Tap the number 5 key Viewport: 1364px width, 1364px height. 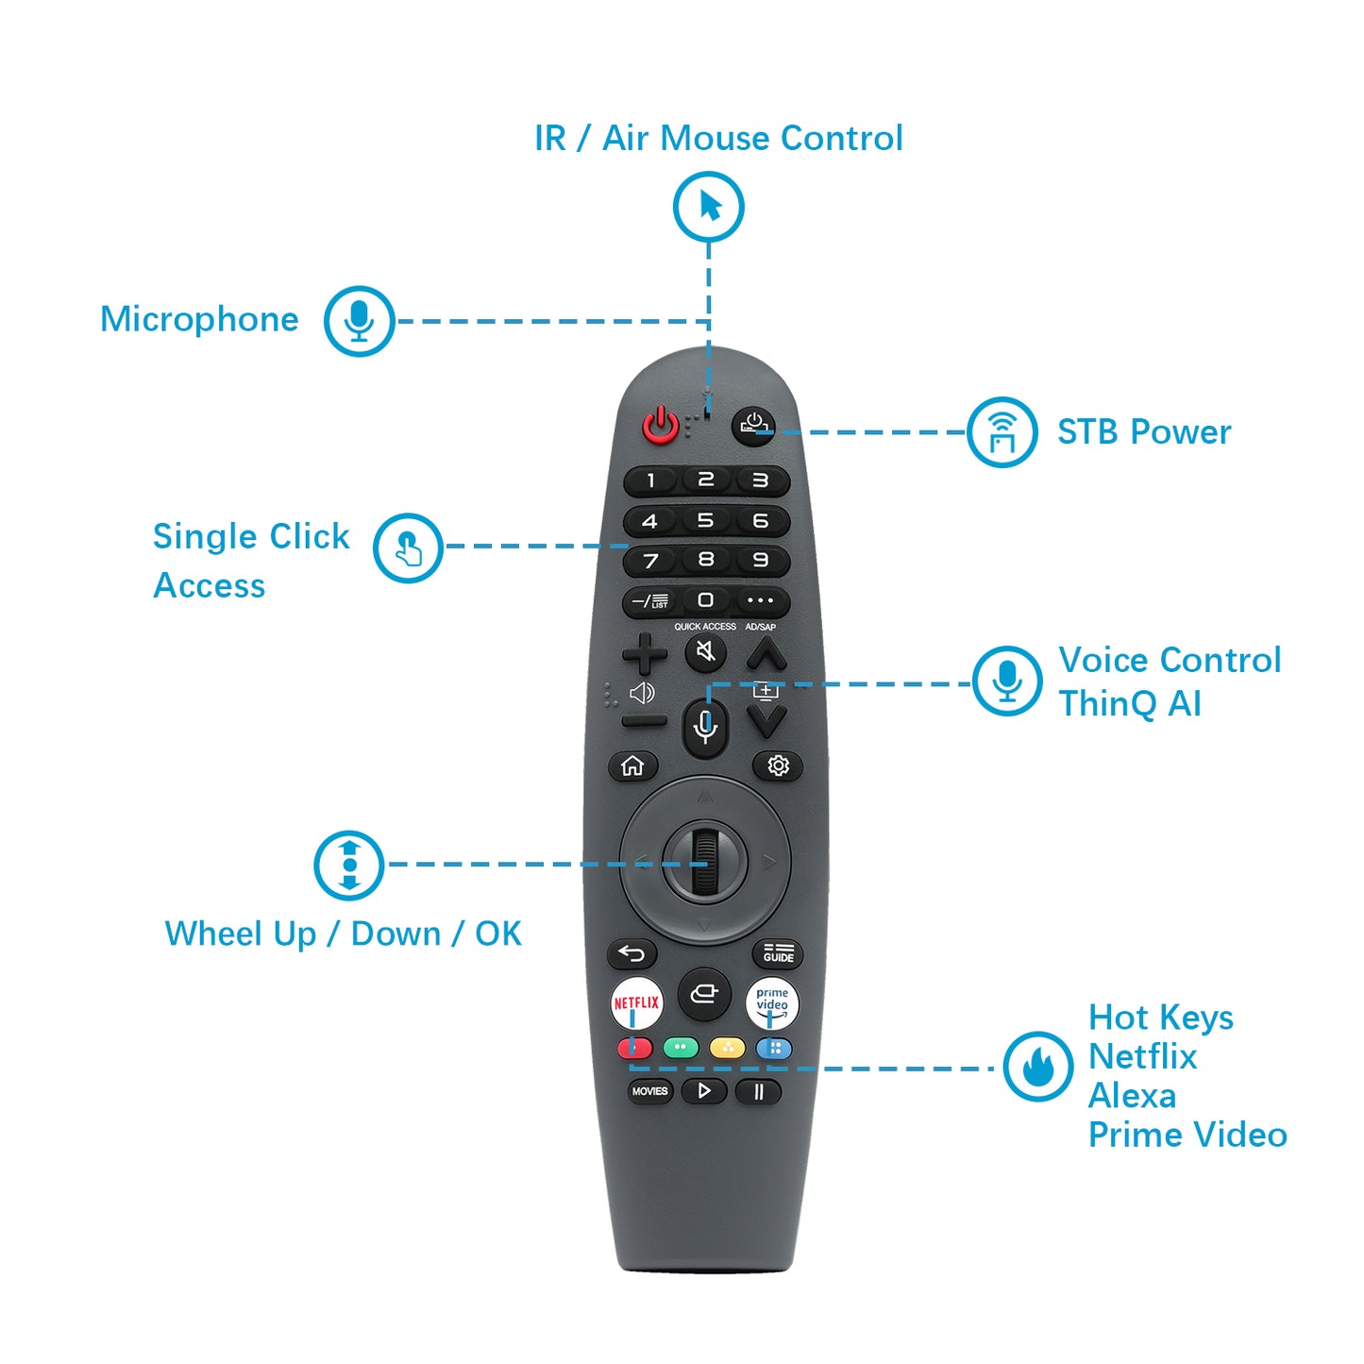[705, 520]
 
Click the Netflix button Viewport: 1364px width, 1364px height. [636, 1003]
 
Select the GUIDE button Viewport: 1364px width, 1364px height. [778, 953]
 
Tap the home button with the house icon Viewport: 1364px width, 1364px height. [632, 766]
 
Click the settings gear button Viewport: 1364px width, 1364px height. [778, 766]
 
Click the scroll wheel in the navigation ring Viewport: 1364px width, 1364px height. [705, 862]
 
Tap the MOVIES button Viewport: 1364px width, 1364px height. [649, 1091]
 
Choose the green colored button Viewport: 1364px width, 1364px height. [681, 1047]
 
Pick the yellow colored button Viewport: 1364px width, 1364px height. [727, 1047]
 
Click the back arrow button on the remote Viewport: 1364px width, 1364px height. [632, 953]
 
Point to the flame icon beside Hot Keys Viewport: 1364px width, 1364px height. [1038, 1066]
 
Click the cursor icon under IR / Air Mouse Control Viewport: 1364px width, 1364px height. [709, 207]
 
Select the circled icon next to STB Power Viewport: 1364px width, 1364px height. [1002, 431]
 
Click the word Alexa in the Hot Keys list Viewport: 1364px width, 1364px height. [1132, 1096]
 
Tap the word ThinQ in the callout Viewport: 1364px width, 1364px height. [1107, 704]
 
